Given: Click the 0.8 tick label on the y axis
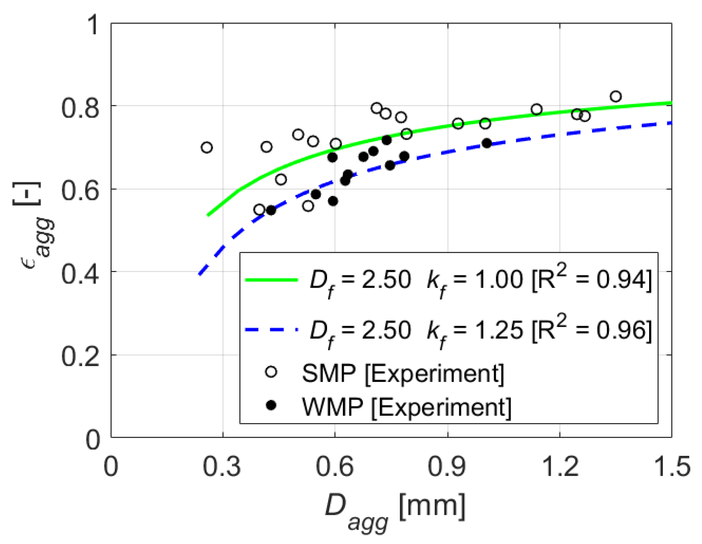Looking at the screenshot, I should pos(80,108).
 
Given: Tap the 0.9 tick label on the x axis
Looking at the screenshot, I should pos(447,467).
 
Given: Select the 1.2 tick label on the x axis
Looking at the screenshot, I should pos(559,467).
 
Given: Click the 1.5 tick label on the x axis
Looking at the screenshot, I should pos(672,467).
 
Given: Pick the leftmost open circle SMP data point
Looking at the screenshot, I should pos(207,147).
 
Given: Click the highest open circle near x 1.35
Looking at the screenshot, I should pos(616,96).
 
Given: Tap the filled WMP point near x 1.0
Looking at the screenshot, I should pos(487,143).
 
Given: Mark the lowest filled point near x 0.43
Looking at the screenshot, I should pos(271,210).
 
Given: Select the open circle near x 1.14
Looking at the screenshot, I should pos(537,110).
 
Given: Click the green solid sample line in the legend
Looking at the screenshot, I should pos(271,280).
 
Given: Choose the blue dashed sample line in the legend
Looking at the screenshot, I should pos(271,330).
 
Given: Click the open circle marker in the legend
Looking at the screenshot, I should pos(271,372).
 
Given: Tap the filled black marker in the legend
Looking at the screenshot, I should pos(271,406).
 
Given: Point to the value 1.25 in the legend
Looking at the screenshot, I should pos(499,330).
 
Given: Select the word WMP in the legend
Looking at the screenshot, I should pos(332,407).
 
